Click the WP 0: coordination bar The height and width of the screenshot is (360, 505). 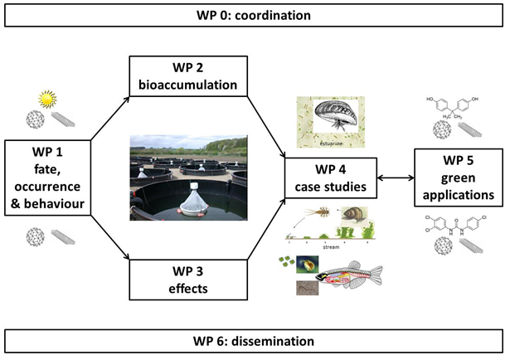coord(252,14)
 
